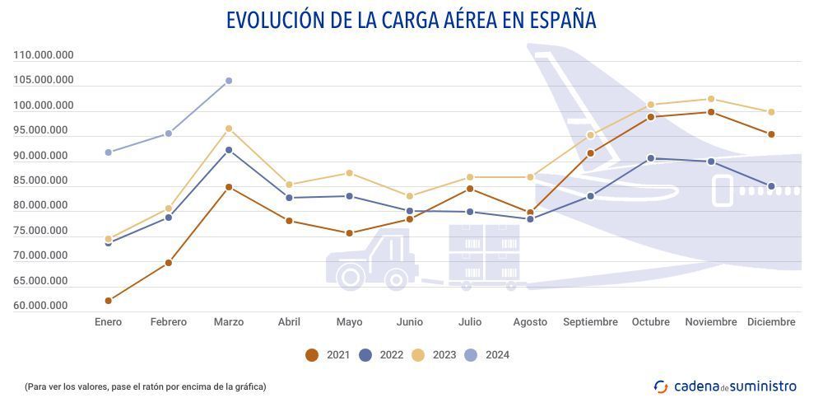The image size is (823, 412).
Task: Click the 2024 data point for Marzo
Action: (x=229, y=81)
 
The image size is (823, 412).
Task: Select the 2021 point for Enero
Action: (x=109, y=301)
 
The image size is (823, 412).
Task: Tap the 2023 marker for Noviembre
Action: (x=711, y=99)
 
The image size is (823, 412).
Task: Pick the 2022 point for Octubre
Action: (x=651, y=158)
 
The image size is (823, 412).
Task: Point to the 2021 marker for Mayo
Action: (x=350, y=233)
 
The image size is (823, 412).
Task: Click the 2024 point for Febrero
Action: (x=169, y=133)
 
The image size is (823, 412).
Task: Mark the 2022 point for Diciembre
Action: (x=771, y=186)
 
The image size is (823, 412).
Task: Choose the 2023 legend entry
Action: (x=434, y=355)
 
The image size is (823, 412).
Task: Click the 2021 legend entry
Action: (x=328, y=355)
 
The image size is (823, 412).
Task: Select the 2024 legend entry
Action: (x=487, y=355)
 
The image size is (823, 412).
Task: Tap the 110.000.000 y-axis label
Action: (x=44, y=55)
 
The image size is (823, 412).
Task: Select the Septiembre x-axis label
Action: (x=590, y=322)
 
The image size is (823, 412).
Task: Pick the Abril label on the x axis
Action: (x=289, y=322)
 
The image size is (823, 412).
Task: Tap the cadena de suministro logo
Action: (x=725, y=386)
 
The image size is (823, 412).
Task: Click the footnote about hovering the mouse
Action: (x=146, y=386)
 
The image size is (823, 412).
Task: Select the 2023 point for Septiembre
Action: (x=590, y=135)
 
